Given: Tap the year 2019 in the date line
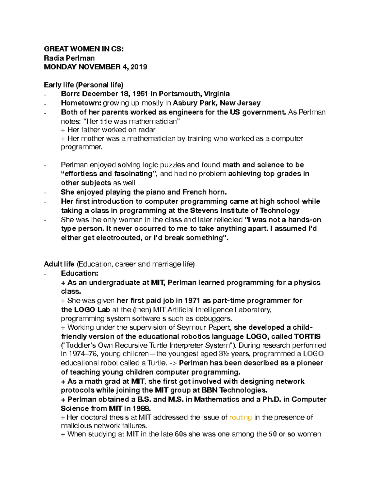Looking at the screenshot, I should [x=139, y=67].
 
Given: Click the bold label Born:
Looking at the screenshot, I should [x=71, y=94].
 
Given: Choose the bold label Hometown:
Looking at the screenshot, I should [x=81, y=103].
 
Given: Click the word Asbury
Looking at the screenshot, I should [x=185, y=103].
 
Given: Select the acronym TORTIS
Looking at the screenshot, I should [x=307, y=337].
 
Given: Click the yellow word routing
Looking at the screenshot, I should [x=240, y=417].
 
